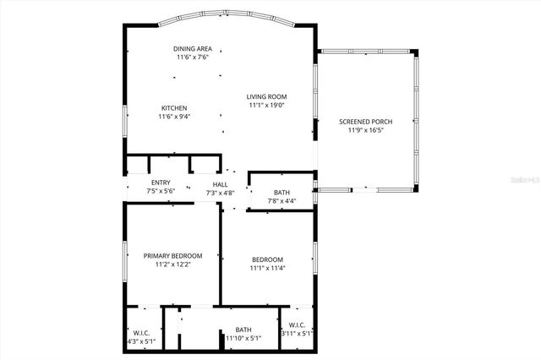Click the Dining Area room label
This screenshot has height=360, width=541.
[192, 49]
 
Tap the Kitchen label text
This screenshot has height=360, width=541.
[174, 107]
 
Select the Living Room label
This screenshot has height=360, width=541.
[267, 96]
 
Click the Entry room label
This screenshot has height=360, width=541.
[161, 183]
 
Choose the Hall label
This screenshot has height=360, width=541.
[220, 184]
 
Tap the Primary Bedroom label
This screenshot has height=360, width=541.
[172, 256]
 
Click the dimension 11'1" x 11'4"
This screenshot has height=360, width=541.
[267, 269]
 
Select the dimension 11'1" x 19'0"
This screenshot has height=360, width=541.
[267, 106]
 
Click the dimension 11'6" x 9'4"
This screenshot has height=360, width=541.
[174, 117]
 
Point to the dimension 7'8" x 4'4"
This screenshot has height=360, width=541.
[281, 201]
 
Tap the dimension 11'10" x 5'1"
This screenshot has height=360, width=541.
[243, 339]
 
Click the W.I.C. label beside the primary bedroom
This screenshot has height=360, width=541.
[141, 332]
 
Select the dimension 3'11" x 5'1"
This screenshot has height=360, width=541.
[297, 334]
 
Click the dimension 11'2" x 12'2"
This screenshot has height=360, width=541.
[172, 265]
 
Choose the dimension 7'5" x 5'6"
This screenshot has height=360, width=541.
[161, 192]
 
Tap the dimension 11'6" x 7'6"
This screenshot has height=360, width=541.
[192, 58]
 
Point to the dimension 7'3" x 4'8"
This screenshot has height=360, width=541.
[220, 194]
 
